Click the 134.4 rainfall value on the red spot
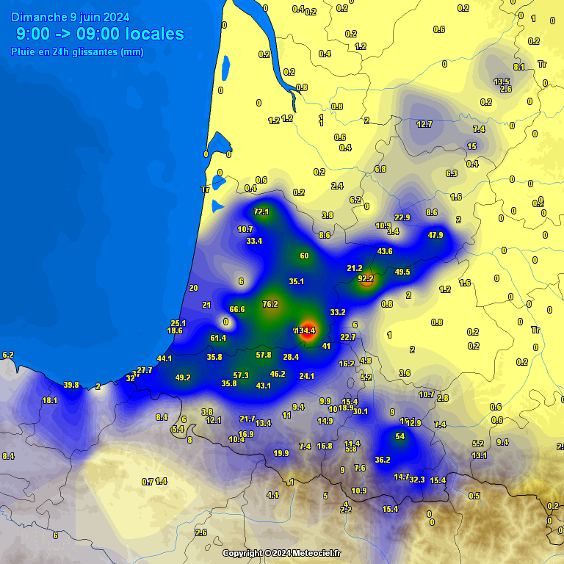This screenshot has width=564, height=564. [x=305, y=331]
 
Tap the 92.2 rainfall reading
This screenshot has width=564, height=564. [x=366, y=278]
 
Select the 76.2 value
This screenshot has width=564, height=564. [x=270, y=304]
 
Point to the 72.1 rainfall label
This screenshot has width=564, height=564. [x=261, y=211]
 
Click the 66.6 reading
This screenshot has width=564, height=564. [x=237, y=309]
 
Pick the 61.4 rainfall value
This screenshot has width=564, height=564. [x=218, y=338]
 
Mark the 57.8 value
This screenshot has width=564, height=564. [x=264, y=355]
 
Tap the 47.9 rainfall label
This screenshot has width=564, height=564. [x=435, y=235]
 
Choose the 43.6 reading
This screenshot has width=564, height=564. [x=385, y=251]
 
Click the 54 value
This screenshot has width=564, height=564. [x=400, y=436]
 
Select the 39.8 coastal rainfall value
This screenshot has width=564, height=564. [x=71, y=385]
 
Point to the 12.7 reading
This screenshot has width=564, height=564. [x=424, y=124]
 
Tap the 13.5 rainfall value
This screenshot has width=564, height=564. [x=502, y=82]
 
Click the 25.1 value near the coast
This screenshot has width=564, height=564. [x=178, y=323]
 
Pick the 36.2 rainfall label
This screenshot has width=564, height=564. [x=383, y=460]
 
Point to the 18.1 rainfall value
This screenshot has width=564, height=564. [x=50, y=400]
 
